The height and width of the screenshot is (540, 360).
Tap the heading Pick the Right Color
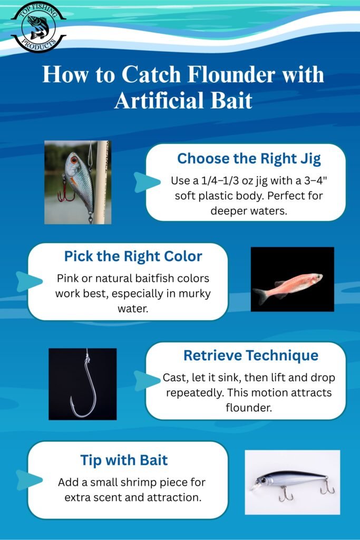click(133, 256)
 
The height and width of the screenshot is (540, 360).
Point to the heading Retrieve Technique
click(250, 355)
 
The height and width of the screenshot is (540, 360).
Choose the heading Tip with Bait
click(124, 460)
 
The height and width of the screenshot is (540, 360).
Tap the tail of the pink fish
click(260, 296)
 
